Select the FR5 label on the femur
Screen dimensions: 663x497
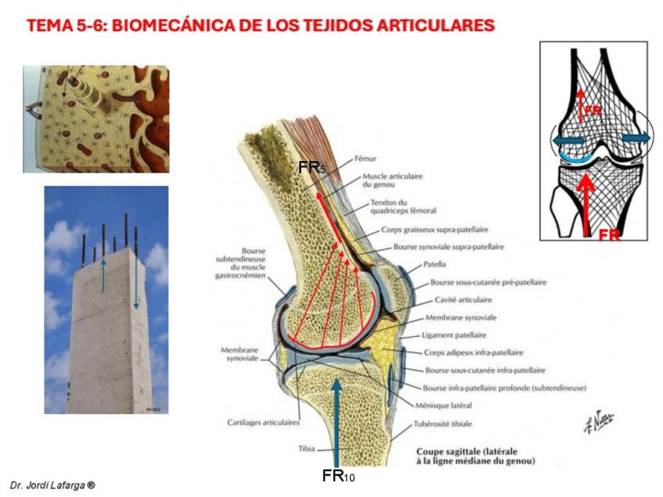pyautogui.click(x=311, y=167)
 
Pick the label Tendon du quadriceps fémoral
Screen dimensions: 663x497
pyautogui.click(x=402, y=207)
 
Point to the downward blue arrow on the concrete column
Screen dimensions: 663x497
pyautogui.click(x=136, y=282)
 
